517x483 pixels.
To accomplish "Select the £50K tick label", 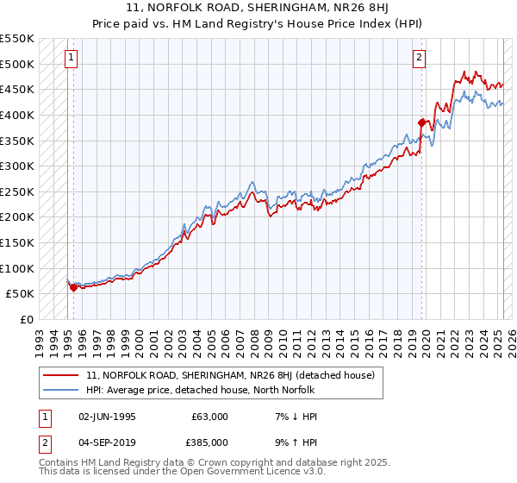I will click(x=21, y=294).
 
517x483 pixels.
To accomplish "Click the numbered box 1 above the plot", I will click(x=69, y=58).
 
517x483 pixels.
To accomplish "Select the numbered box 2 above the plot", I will click(x=419, y=58).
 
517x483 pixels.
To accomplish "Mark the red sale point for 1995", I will click(x=73, y=287).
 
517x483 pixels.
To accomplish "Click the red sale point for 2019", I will click(x=422, y=122).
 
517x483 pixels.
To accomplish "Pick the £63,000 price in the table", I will click(x=209, y=417).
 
